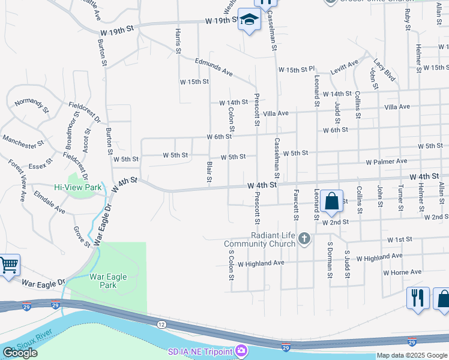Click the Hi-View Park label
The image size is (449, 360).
[78, 187]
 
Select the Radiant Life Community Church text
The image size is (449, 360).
[259, 239]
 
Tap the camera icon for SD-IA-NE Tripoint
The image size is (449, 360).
[241, 349]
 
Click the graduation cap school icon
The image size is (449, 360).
[248, 20]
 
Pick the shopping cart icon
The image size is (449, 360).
[8, 265]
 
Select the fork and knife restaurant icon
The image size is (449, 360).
[417, 298]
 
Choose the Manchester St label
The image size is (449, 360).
[23, 142]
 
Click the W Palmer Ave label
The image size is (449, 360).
[387, 161]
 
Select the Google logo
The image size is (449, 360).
[20, 353]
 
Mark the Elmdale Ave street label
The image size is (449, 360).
[49, 203]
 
